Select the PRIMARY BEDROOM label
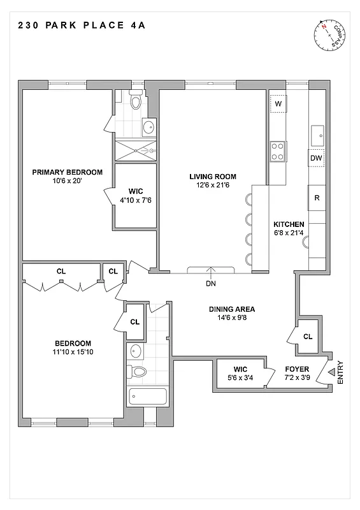[68, 172]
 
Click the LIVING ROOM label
[213, 177]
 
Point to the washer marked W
[278, 103]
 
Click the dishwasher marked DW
[317, 157]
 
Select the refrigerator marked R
[317, 198]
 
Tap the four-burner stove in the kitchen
[278, 151]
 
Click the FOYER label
[297, 369]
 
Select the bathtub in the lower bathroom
[147, 397]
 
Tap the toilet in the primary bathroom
[135, 101]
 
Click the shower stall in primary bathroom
[135, 150]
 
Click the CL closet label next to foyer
[308, 337]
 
